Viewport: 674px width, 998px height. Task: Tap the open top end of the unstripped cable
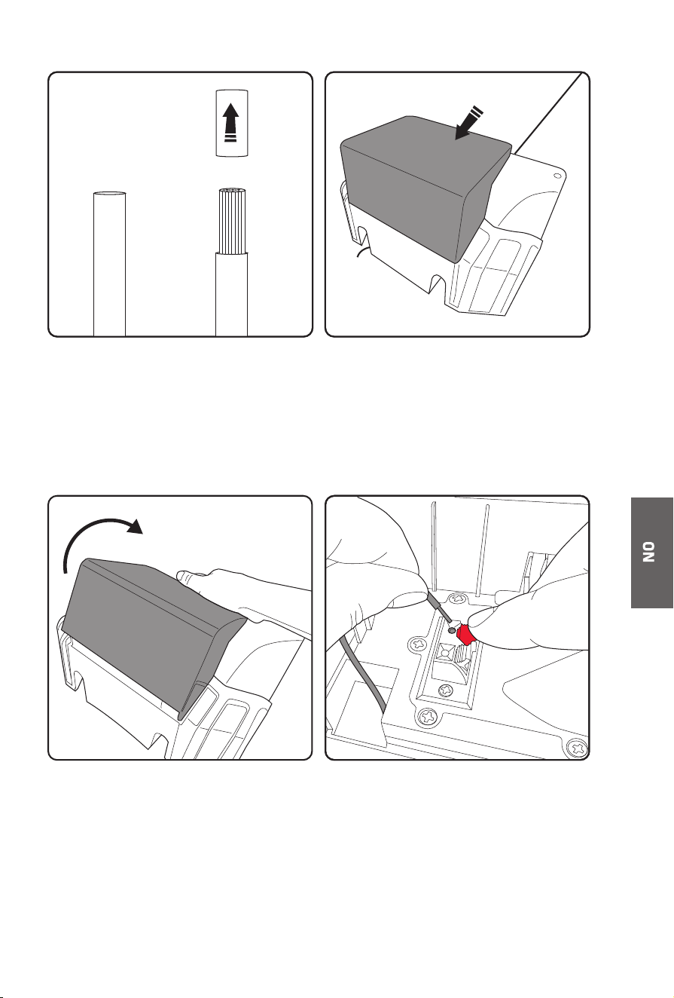(x=109, y=194)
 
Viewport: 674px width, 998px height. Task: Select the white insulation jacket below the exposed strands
(x=231, y=294)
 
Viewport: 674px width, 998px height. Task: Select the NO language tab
(x=651, y=553)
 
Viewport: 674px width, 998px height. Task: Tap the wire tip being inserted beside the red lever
(x=451, y=630)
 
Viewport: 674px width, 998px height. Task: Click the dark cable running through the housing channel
(x=363, y=673)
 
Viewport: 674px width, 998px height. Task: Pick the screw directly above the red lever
(x=457, y=598)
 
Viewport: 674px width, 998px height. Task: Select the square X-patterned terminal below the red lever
(x=446, y=654)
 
